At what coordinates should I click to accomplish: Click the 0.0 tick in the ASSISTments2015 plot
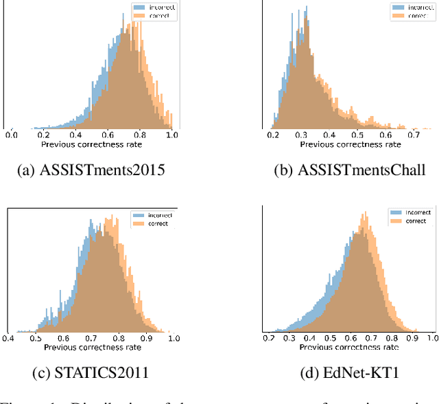(x=12, y=135)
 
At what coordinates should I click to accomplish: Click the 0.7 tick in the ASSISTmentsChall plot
(x=414, y=135)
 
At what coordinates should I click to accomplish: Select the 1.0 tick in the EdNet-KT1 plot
(x=431, y=339)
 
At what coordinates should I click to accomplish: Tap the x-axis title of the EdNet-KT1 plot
(x=349, y=348)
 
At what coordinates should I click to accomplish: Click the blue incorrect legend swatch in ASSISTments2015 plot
(x=137, y=8)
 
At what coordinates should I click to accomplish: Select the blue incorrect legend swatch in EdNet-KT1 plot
(x=395, y=213)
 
